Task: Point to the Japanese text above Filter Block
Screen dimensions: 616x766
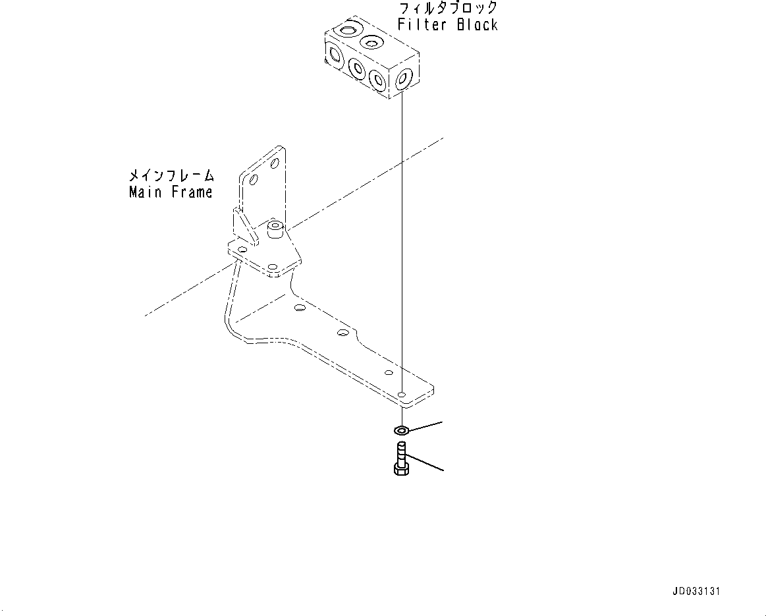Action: [x=448, y=9]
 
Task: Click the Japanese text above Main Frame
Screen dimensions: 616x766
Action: [x=171, y=176]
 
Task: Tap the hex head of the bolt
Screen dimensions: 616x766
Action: [x=400, y=468]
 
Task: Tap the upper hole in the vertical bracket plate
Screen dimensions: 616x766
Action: [x=275, y=162]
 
